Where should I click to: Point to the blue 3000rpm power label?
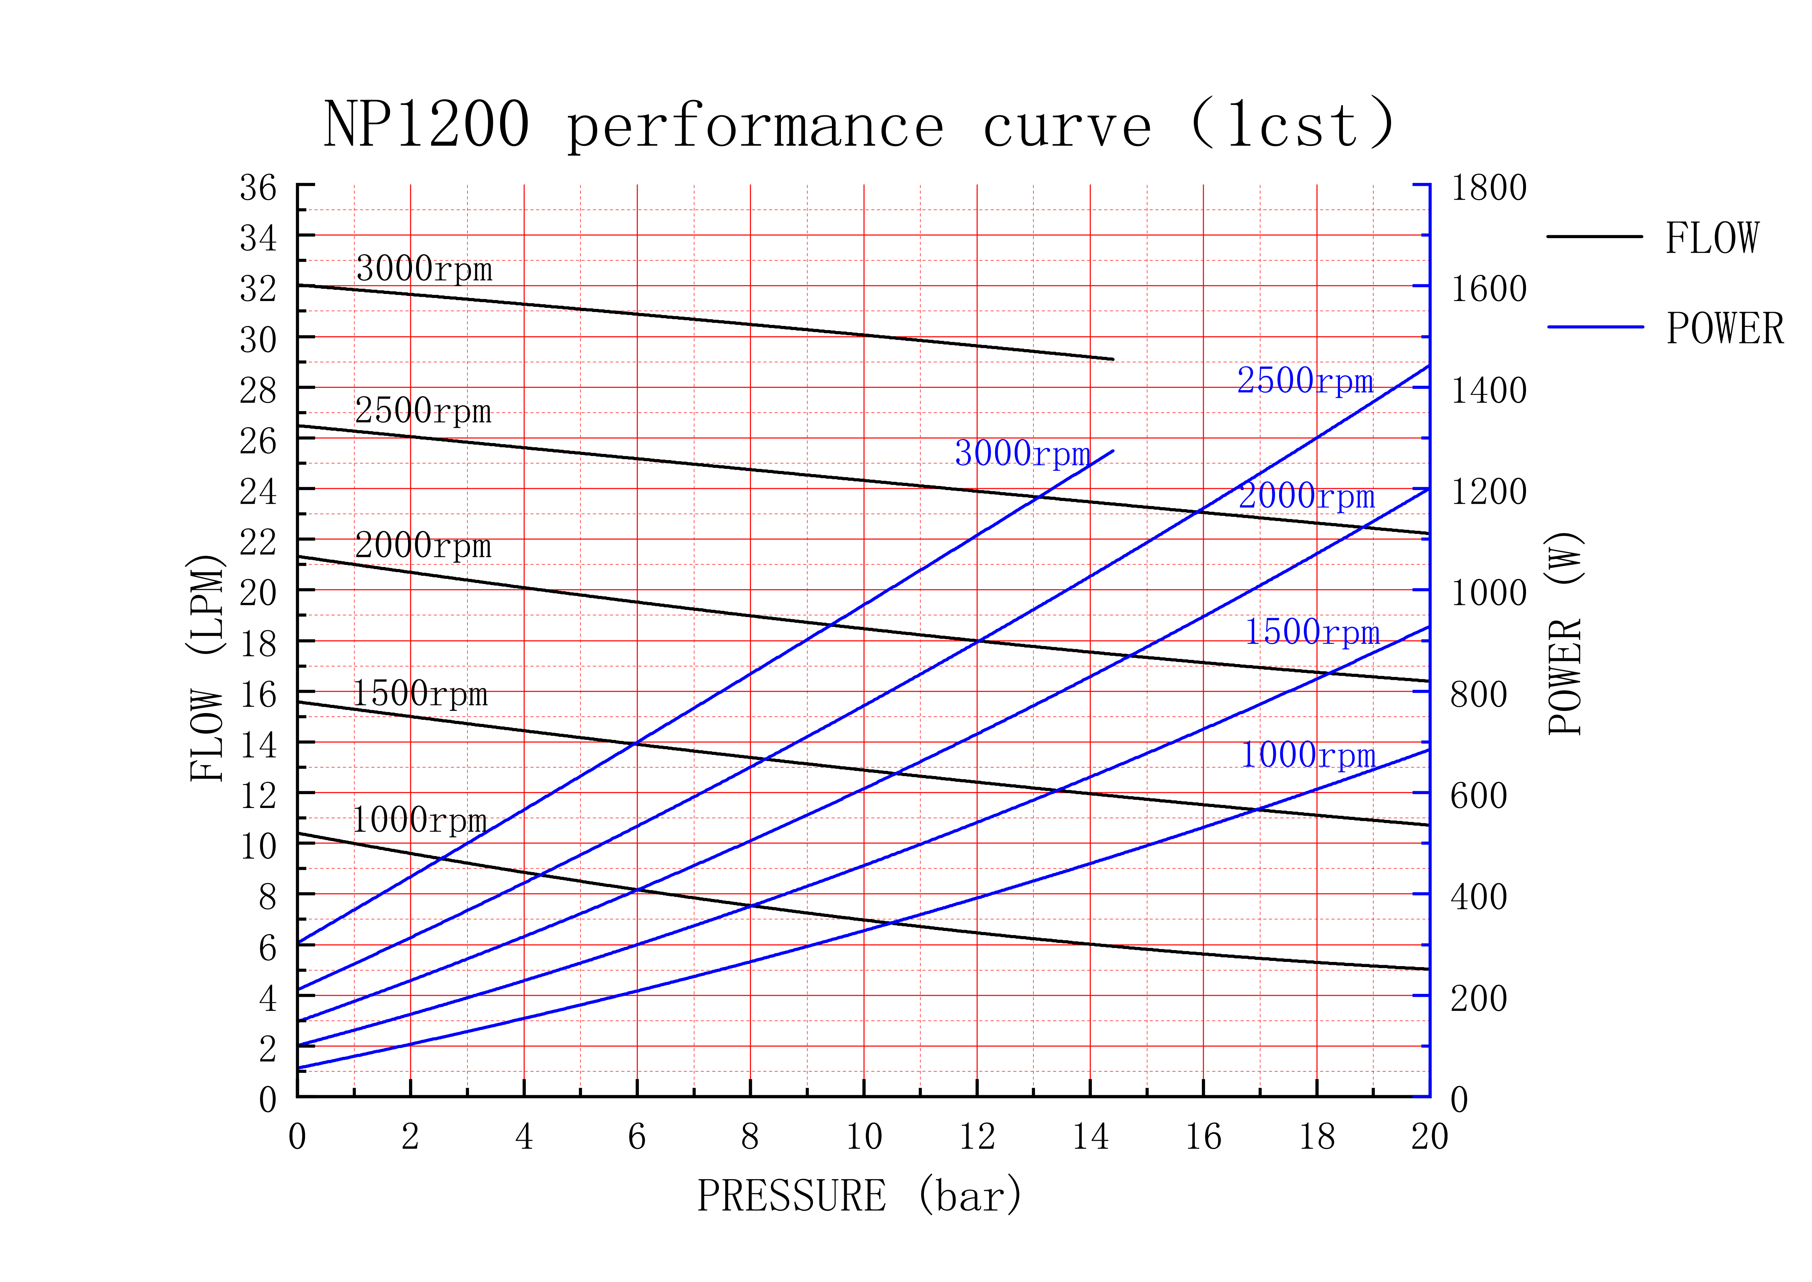tap(1022, 453)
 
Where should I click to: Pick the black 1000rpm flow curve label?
tap(419, 820)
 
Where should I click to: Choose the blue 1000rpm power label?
tap(1308, 755)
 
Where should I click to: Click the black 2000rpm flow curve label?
tap(423, 545)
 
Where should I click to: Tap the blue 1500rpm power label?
tap(1312, 631)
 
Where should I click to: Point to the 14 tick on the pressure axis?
tap(1090, 1137)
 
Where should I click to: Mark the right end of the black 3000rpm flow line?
tap(1113, 359)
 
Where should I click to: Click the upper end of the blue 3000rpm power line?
tap(1113, 451)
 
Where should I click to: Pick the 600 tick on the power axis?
tap(1479, 796)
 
